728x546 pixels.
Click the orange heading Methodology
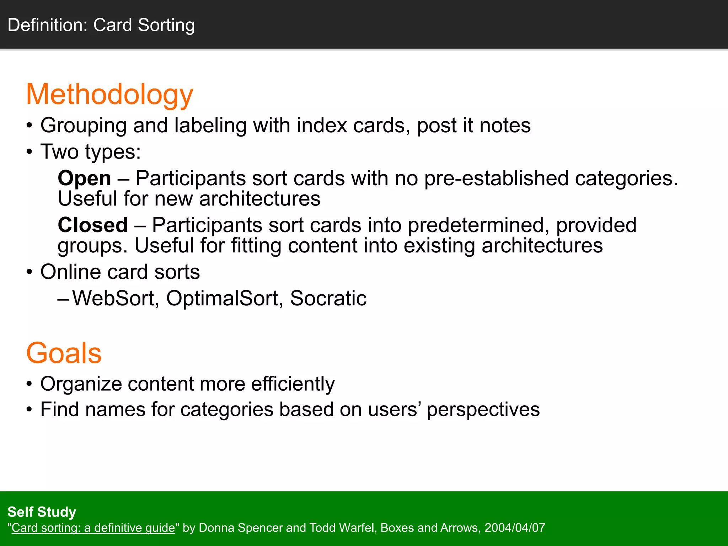pyautogui.click(x=109, y=95)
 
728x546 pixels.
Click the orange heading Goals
pyautogui.click(x=64, y=353)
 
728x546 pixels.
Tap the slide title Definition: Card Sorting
pyautogui.click(x=101, y=25)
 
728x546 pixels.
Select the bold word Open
pyautogui.click(x=84, y=178)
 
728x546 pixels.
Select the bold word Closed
pyautogui.click(x=93, y=225)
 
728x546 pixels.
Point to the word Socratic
pyautogui.click(x=328, y=298)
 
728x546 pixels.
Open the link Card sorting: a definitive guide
pyautogui.click(x=93, y=528)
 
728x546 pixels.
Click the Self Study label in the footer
pyautogui.click(x=42, y=512)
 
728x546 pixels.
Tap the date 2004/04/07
pyautogui.click(x=515, y=528)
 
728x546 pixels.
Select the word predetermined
pyautogui.click(x=476, y=226)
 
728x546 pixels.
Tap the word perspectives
pyautogui.click(x=483, y=410)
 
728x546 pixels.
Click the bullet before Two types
pyautogui.click(x=30, y=152)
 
